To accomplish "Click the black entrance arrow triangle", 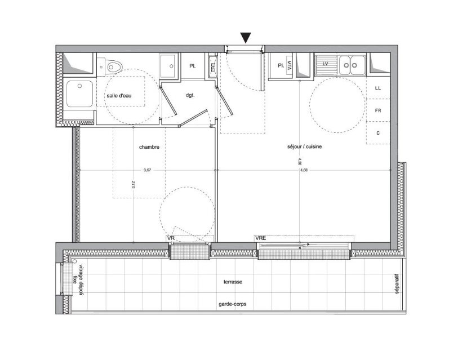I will [x=245, y=38].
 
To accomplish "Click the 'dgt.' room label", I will [x=190, y=96].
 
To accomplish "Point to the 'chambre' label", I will [x=149, y=147].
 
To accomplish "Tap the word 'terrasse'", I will [x=233, y=281].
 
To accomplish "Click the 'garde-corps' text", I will [x=233, y=304].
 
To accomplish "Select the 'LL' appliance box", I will [x=378, y=88].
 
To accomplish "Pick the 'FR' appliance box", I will [x=378, y=110].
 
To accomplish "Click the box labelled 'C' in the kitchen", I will [x=378, y=133].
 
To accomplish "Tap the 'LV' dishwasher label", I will [x=326, y=64].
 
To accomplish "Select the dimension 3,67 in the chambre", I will [x=148, y=170].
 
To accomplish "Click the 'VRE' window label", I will [x=260, y=239].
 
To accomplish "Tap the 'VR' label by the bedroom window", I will [x=171, y=239].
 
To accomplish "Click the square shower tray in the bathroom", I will [x=79, y=94].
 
